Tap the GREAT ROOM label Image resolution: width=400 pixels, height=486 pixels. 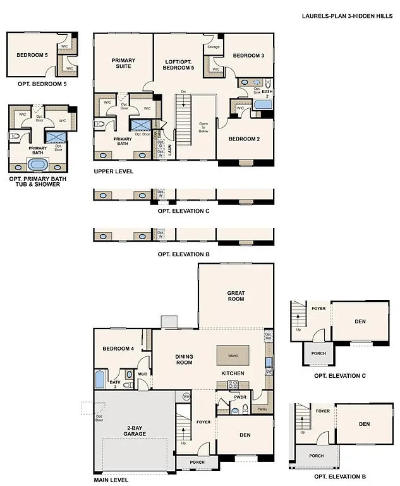[236, 296]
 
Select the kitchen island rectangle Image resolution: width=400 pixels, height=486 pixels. [233, 355]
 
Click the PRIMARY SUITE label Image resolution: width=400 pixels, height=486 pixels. [124, 63]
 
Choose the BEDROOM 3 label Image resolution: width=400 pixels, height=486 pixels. [248, 56]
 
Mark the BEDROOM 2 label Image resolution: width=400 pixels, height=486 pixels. [244, 139]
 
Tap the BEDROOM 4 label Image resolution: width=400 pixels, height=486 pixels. [118, 349]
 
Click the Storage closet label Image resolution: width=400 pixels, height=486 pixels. [214, 47]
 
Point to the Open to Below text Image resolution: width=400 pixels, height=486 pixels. [203, 127]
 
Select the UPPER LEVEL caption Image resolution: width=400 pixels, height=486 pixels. [113, 171]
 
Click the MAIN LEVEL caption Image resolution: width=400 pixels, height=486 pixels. [111, 480]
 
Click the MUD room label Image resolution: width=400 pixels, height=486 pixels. [143, 374]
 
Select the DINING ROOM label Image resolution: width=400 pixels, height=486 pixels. [184, 359]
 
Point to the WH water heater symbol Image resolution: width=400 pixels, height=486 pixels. [186, 396]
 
